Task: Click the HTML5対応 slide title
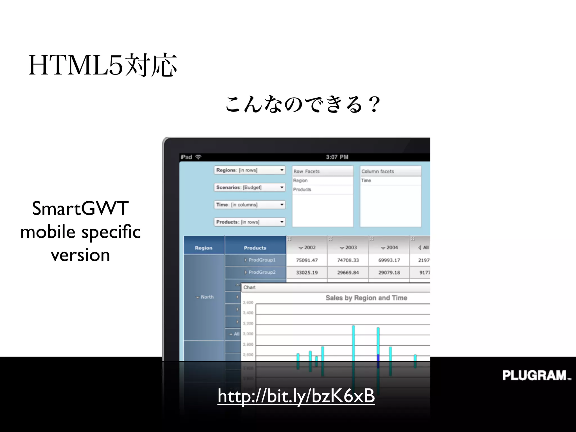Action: point(102,65)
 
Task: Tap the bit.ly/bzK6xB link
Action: point(296,396)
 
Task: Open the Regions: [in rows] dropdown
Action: point(250,170)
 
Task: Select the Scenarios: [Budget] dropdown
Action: point(250,187)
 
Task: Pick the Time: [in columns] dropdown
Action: point(250,205)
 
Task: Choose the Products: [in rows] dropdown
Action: point(250,222)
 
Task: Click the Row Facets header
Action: point(322,171)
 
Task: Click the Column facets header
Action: point(390,171)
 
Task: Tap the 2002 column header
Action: point(307,247)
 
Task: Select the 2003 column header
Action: point(348,247)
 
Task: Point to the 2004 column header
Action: point(389,247)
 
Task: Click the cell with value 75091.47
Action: point(307,260)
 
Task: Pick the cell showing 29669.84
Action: point(348,273)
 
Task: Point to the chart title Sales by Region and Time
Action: point(366,298)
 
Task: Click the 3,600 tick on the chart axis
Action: point(248,303)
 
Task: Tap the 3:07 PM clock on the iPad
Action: point(337,157)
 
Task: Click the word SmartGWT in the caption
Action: point(80,208)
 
